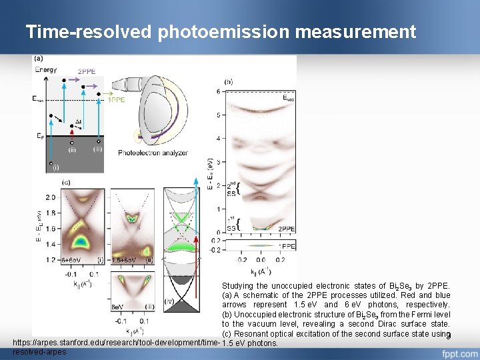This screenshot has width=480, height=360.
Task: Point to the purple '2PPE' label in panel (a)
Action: pyautogui.click(x=87, y=71)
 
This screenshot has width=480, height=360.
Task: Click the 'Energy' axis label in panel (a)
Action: pyautogui.click(x=45, y=69)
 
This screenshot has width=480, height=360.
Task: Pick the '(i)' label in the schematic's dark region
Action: pyautogui.click(x=56, y=167)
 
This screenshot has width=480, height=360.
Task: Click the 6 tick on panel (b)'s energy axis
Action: pyautogui.click(x=219, y=91)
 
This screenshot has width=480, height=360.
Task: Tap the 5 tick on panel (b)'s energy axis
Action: pyautogui.click(x=219, y=115)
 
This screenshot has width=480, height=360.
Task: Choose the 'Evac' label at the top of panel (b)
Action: pyautogui.click(x=288, y=98)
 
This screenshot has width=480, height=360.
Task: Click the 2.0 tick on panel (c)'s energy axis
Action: pyautogui.click(x=51, y=198)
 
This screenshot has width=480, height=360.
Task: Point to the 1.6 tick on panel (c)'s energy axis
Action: pyautogui.click(x=51, y=229)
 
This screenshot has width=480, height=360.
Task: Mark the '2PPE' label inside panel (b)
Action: pyautogui.click(x=286, y=229)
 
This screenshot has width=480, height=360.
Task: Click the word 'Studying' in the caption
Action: pyautogui.click(x=237, y=286)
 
